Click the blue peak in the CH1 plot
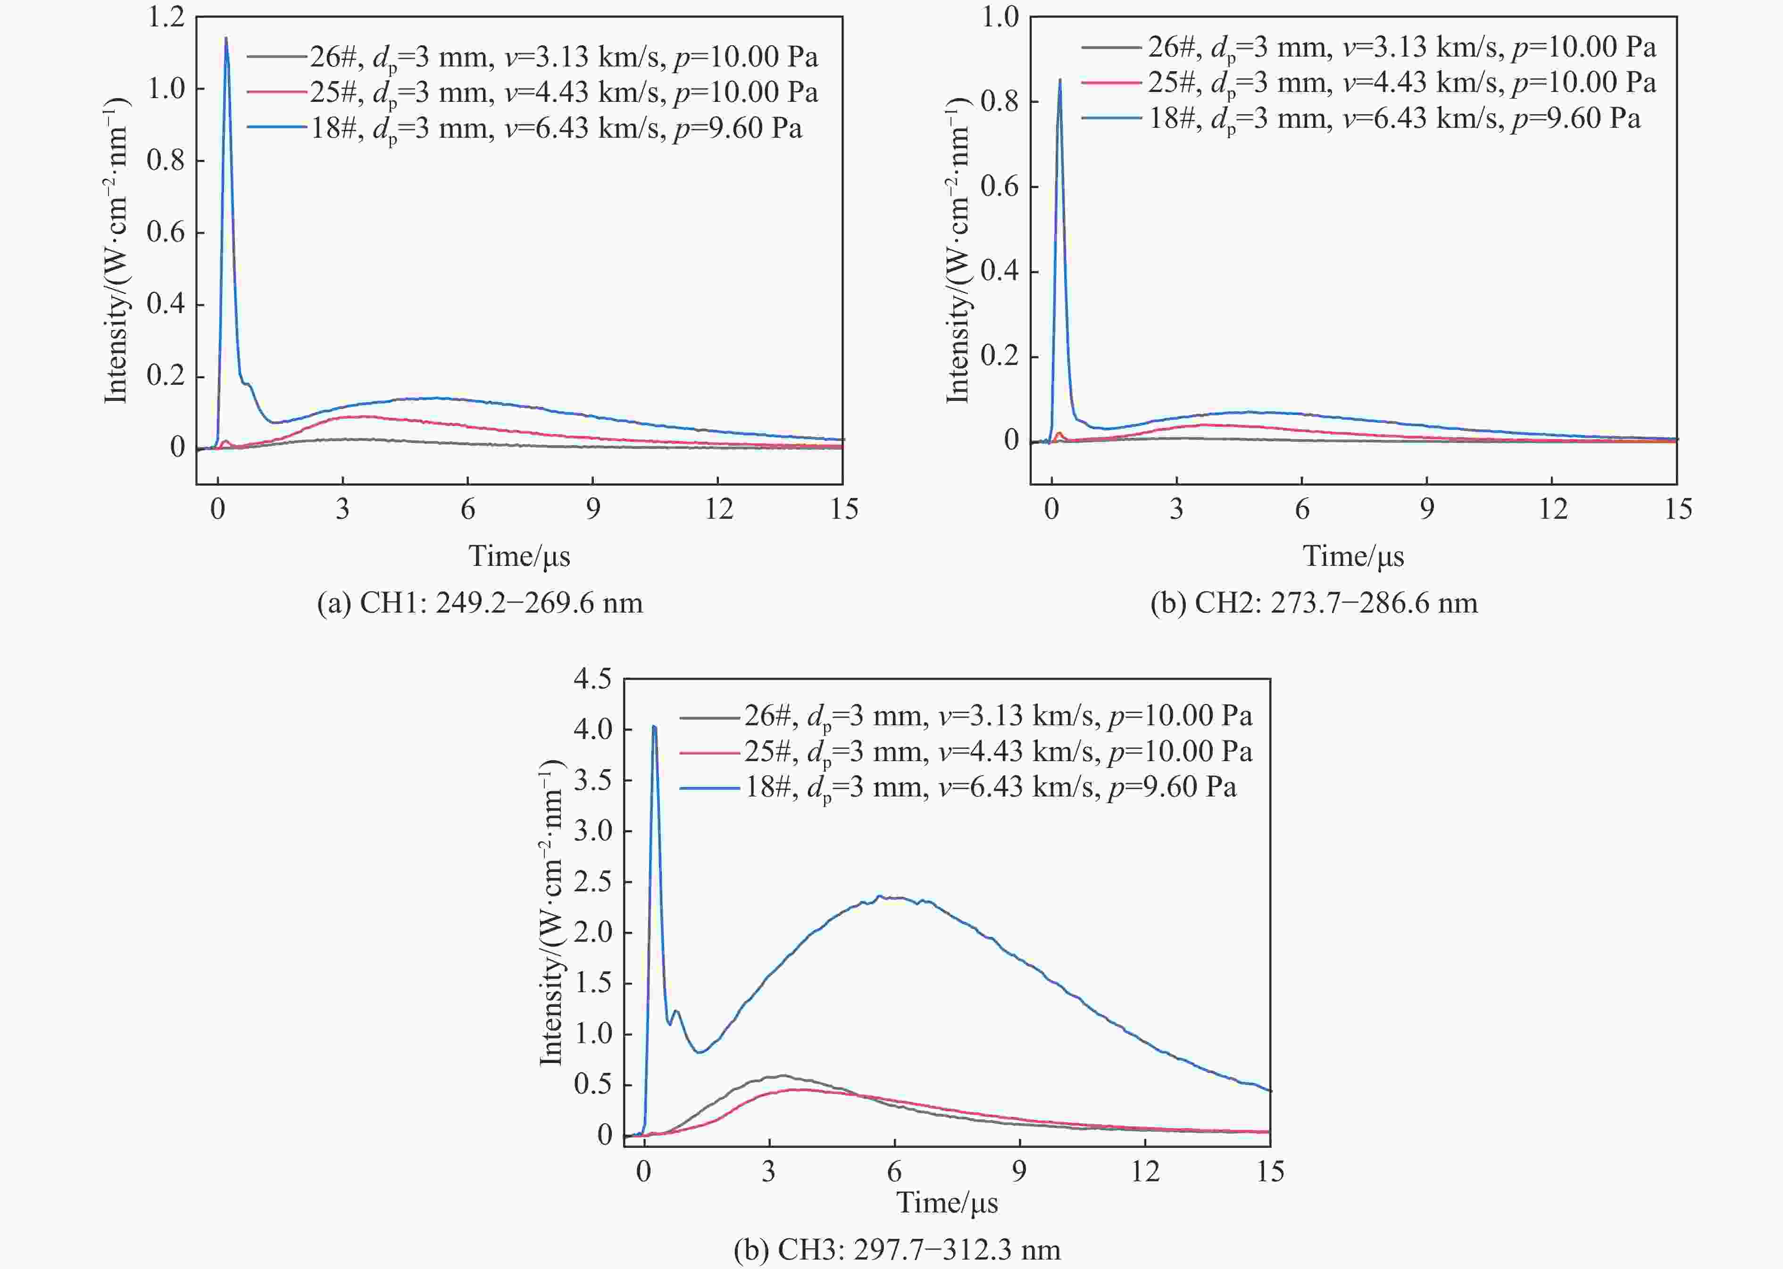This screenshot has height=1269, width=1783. [x=226, y=38]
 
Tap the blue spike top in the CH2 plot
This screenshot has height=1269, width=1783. [x=1060, y=80]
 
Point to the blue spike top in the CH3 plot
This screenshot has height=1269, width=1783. [x=654, y=727]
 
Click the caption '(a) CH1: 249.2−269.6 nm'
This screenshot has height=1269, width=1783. [x=480, y=603]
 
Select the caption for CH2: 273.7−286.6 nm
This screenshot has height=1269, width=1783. [x=1314, y=603]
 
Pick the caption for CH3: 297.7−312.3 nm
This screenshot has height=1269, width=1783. [x=897, y=1250]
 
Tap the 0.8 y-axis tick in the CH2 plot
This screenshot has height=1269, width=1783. [x=1000, y=101]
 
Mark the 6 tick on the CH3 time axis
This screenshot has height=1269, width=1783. [x=894, y=1171]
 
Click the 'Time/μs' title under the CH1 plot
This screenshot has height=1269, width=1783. [x=519, y=556]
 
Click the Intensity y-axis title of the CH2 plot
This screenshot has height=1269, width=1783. [x=958, y=250]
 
